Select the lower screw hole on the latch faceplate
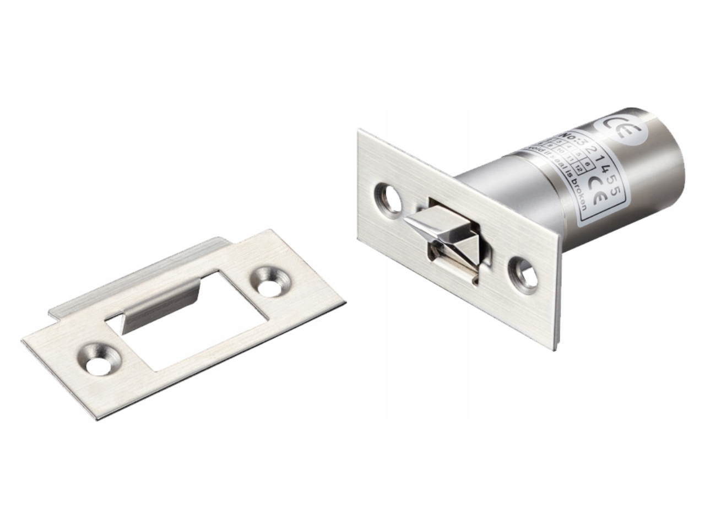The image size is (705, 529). (x=525, y=272)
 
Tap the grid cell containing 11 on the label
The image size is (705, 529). (x=567, y=161)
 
